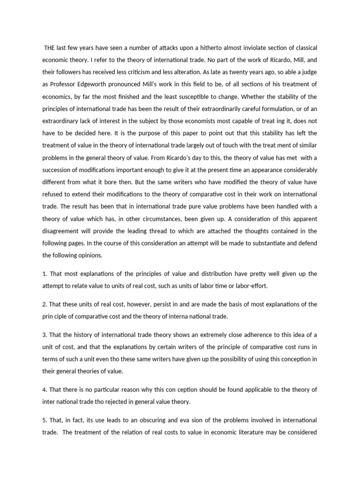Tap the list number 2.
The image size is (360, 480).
pyautogui.click(x=45, y=304)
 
